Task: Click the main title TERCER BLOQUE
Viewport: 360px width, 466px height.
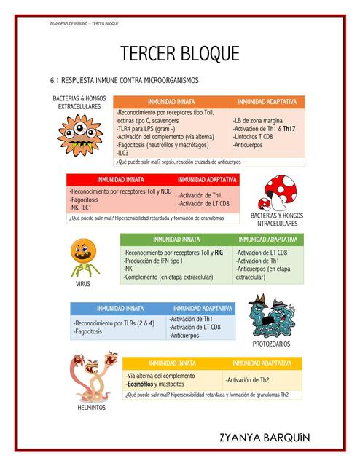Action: coord(179,55)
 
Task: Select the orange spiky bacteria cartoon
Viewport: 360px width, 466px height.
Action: coord(77,133)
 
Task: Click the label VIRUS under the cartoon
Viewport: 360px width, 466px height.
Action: coord(83,284)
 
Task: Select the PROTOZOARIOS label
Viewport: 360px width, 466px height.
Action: coord(272,344)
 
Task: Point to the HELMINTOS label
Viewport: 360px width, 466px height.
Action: coord(91,407)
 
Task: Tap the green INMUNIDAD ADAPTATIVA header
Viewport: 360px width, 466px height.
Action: coord(267,240)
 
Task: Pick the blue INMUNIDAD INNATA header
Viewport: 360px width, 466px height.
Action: coord(120,308)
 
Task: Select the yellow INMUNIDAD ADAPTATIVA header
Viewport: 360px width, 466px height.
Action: coord(262,363)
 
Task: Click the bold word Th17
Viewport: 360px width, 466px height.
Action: coord(289,128)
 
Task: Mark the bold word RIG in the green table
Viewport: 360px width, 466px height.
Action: coord(219,252)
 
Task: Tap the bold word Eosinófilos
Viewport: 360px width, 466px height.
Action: coord(144,384)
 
